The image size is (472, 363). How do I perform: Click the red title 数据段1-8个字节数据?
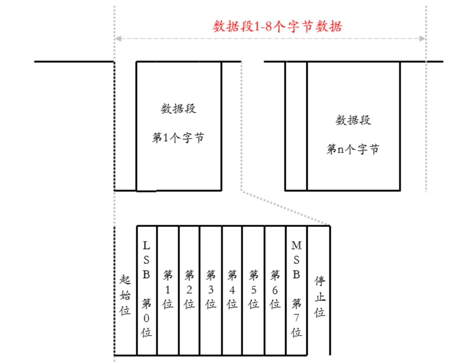[x=277, y=26]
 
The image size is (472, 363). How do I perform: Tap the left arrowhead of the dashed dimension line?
[x=118, y=39]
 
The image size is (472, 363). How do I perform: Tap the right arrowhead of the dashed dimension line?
[x=423, y=39]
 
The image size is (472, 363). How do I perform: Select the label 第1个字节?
[x=178, y=138]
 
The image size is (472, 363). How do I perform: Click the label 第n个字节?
[x=353, y=149]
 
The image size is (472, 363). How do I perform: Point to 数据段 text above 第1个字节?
[x=179, y=109]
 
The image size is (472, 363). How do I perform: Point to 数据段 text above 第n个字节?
[x=353, y=120]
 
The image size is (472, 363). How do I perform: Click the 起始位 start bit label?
[x=125, y=295]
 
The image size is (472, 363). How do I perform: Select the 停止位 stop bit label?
[x=320, y=297]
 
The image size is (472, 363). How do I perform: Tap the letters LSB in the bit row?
[x=146, y=260]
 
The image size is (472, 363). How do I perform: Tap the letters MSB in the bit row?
[x=296, y=260]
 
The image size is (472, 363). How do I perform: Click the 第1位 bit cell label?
[x=168, y=289]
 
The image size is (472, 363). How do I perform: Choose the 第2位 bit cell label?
[x=189, y=289]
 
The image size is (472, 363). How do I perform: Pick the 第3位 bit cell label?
[x=211, y=289]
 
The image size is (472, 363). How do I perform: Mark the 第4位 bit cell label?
[x=232, y=289]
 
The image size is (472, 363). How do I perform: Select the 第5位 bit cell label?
[x=254, y=289]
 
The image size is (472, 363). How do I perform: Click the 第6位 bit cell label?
[x=275, y=289]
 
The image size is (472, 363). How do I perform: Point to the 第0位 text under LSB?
[x=146, y=318]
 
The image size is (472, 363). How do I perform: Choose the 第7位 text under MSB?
[x=296, y=318]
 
